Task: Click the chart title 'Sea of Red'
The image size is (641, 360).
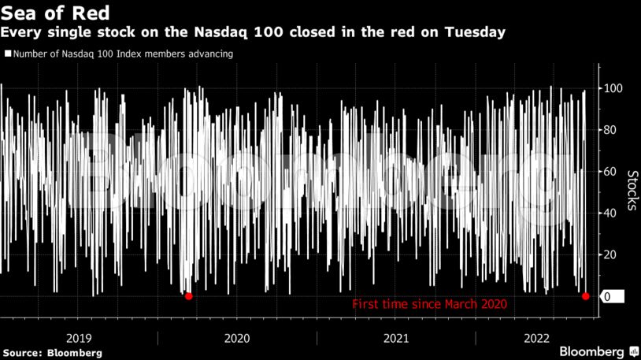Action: [55, 13]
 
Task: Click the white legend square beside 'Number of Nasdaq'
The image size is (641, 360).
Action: [7, 54]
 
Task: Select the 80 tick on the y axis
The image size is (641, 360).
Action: [610, 130]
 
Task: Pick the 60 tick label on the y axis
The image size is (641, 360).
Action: [610, 172]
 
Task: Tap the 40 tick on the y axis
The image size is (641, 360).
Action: [610, 213]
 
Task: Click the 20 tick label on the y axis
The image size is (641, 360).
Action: [610, 255]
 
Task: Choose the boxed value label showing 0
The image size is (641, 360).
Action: [611, 297]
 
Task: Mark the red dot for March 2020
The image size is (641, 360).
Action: [188, 296]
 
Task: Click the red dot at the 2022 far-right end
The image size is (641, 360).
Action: [585, 296]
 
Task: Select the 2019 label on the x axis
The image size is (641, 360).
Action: [79, 337]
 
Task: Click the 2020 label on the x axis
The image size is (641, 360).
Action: [237, 337]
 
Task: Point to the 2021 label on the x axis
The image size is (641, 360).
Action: [396, 337]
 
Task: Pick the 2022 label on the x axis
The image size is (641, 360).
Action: [537, 337]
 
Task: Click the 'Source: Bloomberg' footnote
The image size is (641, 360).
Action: [51, 353]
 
